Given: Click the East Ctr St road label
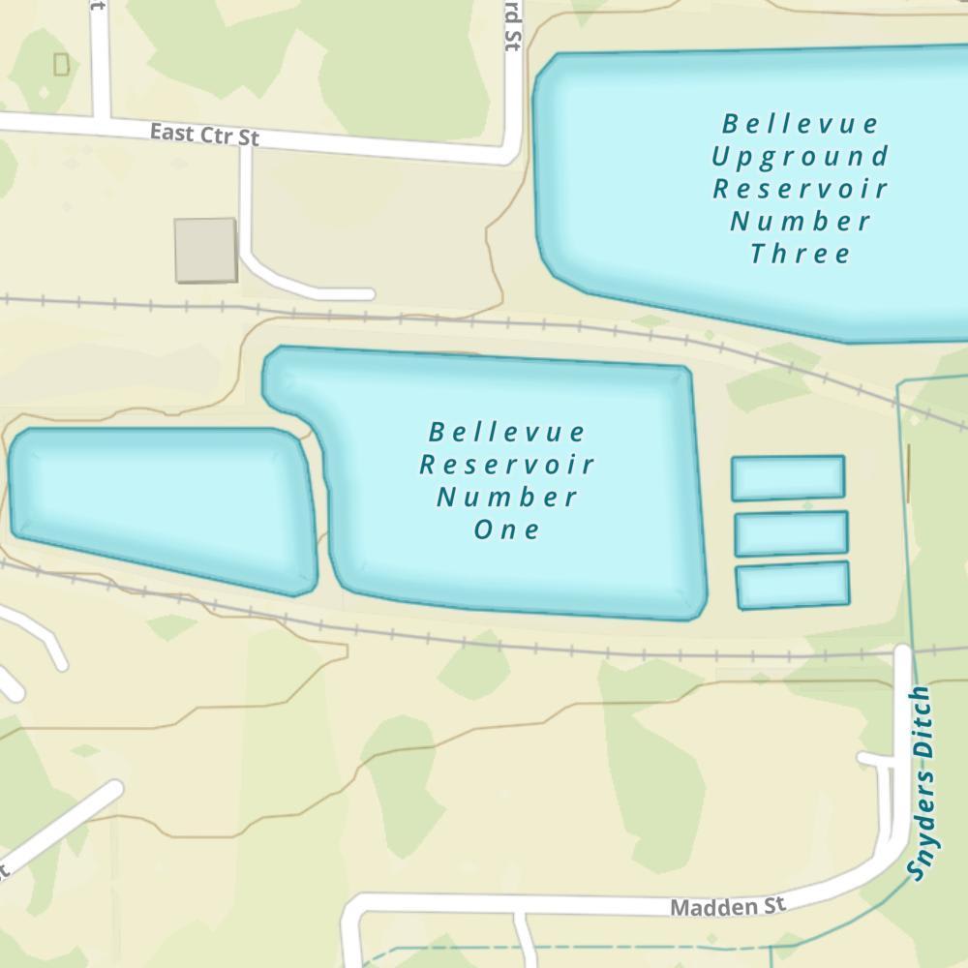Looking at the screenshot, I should [x=205, y=135].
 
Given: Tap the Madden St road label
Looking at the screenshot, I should [x=727, y=907].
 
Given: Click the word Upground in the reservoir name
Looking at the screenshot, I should [x=801, y=156].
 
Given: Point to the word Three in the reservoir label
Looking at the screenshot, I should [x=801, y=254].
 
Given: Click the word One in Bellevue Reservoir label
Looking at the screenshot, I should [x=506, y=529].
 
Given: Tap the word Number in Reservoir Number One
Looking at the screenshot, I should [x=506, y=497].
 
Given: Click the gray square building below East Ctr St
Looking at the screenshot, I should [x=205, y=251].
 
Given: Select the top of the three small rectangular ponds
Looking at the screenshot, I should [x=788, y=477].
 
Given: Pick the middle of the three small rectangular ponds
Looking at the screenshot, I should [x=791, y=532].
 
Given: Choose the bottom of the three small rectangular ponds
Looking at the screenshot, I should [x=793, y=586].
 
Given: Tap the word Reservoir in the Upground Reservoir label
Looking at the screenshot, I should [x=801, y=188].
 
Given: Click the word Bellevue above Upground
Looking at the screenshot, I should [x=801, y=124].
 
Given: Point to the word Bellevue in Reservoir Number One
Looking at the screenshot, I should [x=506, y=431].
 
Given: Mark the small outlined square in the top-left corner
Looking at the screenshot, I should [x=62, y=65].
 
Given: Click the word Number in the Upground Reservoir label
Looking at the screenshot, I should [x=801, y=221].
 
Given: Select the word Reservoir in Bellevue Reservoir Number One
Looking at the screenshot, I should [x=506, y=464].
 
